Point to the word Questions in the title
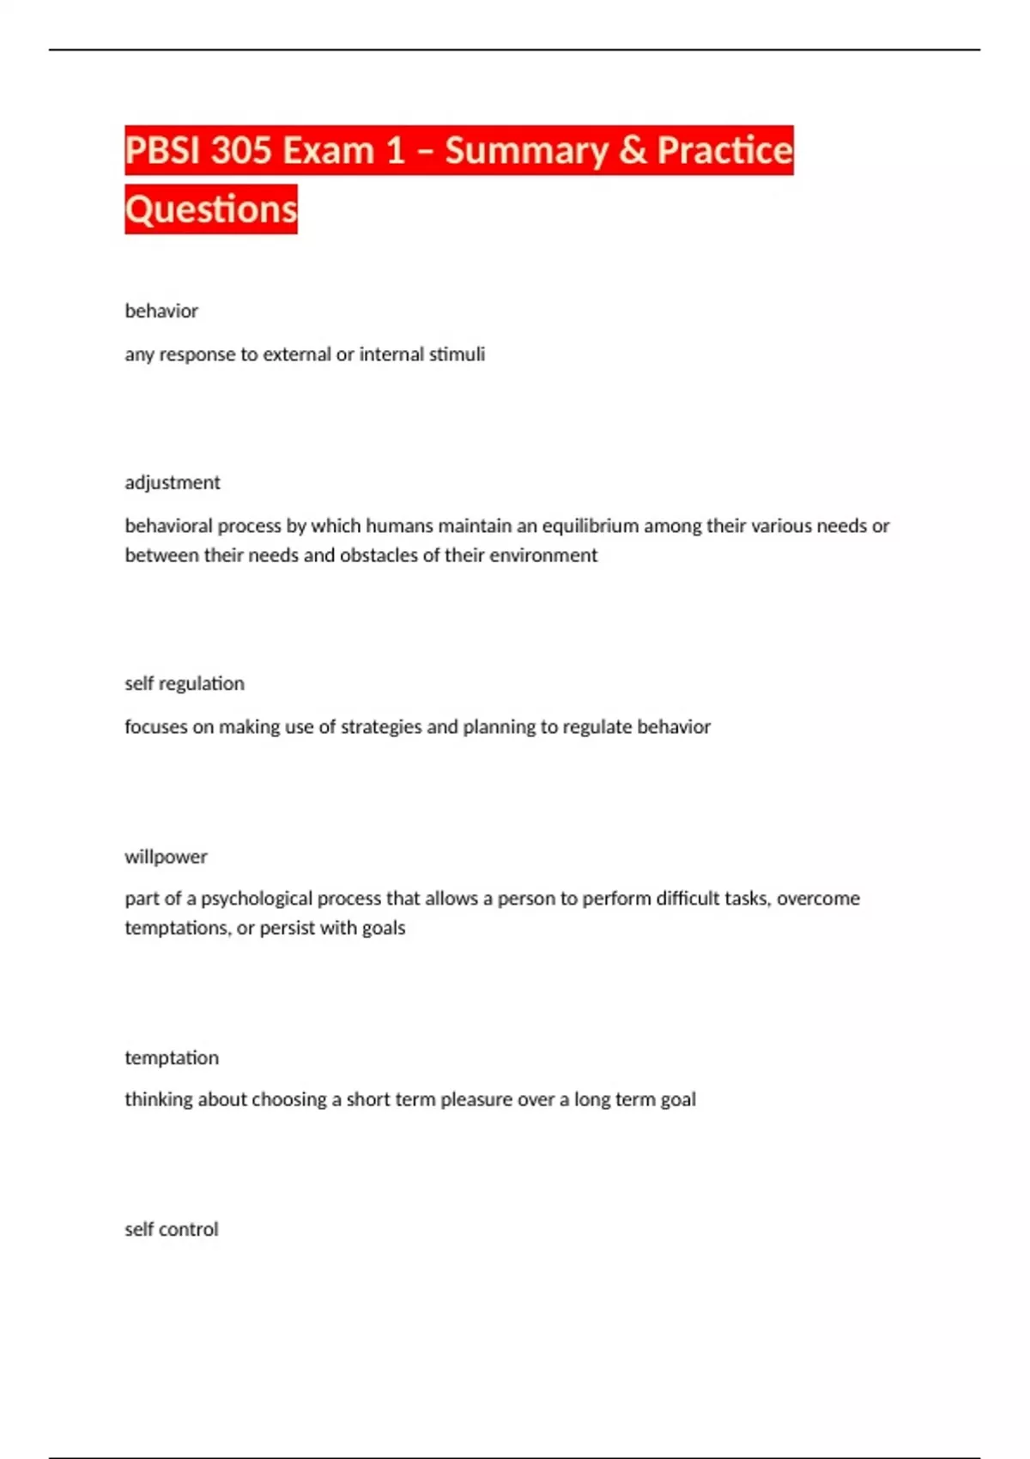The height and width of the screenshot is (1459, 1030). point(211,209)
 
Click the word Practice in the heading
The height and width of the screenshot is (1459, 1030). point(724,151)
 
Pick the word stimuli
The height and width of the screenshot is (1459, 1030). point(457,354)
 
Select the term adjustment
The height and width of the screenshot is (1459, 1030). point(173,482)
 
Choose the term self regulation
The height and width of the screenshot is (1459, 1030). point(185,683)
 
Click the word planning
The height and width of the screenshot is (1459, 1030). point(500,727)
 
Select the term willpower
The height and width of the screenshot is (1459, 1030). point(166,857)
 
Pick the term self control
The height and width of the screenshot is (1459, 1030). point(172,1229)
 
